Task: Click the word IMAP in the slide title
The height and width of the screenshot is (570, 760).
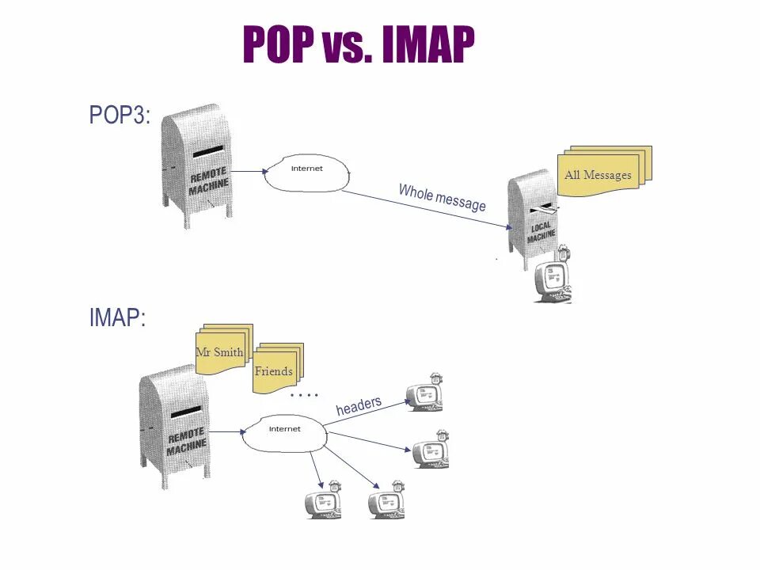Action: tap(428, 45)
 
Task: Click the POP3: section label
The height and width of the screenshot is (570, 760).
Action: tap(119, 116)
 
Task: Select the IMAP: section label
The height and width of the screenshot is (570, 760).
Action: tap(117, 318)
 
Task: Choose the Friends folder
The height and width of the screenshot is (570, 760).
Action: tap(274, 369)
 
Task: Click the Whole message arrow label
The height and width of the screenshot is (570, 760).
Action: tap(442, 197)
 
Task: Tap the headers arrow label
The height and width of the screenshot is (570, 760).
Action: tap(359, 406)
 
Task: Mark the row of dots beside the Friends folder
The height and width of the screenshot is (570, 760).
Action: tap(304, 394)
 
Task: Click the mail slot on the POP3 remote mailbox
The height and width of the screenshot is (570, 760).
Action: tap(208, 150)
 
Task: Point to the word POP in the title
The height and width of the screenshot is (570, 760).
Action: tap(278, 45)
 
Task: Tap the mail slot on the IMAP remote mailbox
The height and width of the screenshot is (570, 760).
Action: tap(186, 412)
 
